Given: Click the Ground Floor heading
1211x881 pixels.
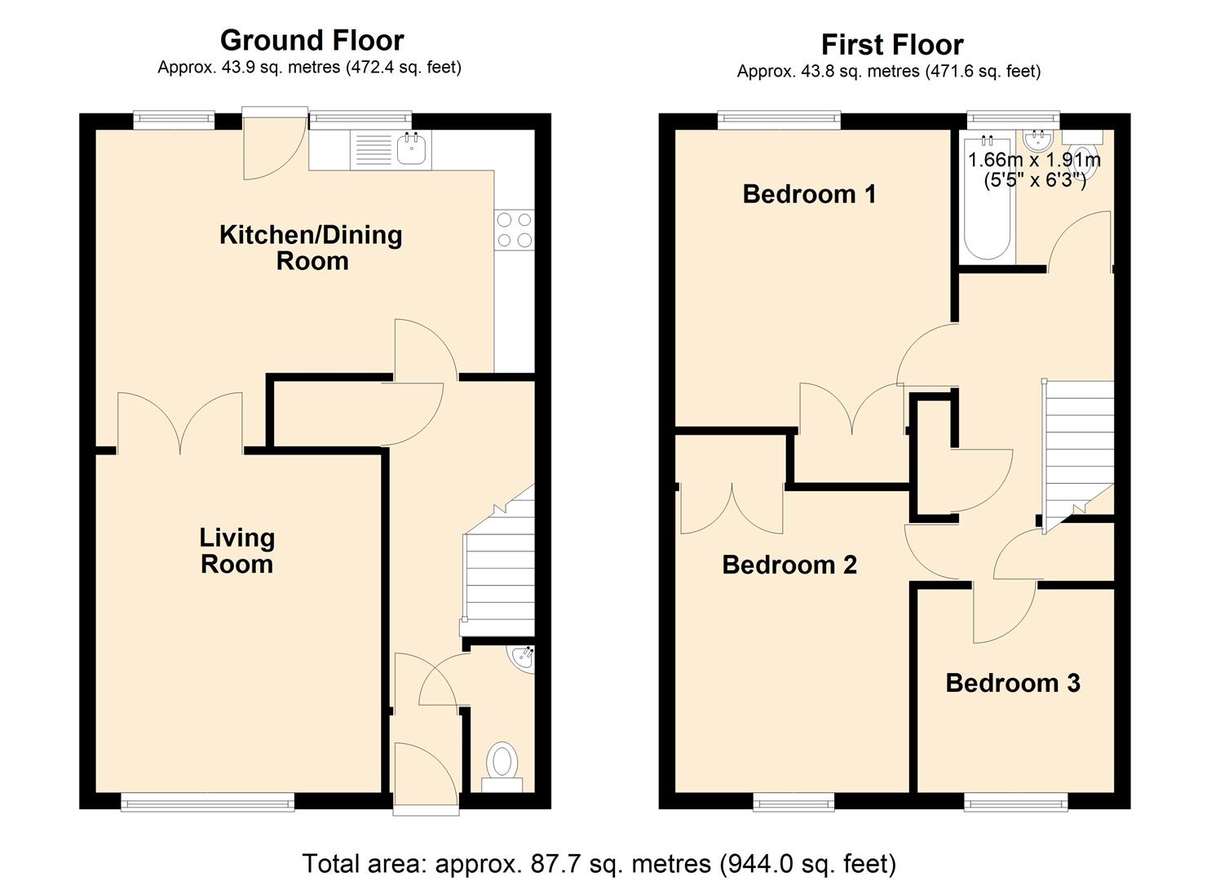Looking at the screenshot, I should coord(312,40).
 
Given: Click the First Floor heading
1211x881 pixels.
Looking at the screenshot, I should coord(891,44).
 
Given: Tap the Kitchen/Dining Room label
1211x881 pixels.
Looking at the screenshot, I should coord(311,247).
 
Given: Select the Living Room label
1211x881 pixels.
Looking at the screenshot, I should coord(236,551).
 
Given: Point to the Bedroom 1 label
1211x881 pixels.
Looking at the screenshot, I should coord(809,194).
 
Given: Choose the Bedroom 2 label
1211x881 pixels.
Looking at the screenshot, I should coord(789,564).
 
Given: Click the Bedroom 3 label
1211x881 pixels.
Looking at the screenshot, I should coord(1012,683).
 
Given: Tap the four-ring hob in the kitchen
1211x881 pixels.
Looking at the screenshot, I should coord(515,229).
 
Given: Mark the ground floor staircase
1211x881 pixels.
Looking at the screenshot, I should coord(499,571).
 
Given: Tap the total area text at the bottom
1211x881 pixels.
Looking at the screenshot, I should coord(599,862).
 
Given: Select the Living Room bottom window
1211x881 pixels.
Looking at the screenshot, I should coord(208,804).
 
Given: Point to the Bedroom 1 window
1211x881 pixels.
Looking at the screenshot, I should coord(779,120).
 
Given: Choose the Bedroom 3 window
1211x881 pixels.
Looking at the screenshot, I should coord(1016,804).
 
